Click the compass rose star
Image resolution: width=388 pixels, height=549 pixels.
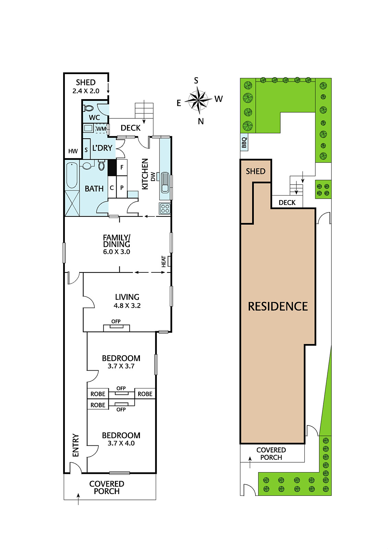point(198,100)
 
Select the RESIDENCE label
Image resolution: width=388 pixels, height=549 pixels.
point(278,307)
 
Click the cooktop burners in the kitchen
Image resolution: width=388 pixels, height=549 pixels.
point(165,209)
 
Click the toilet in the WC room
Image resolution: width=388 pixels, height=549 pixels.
point(89,108)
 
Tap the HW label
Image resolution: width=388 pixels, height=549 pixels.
point(73,151)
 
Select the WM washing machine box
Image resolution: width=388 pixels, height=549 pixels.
point(101,129)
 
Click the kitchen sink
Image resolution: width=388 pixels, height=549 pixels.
point(165,182)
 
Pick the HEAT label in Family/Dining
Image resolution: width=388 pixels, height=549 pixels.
point(164,261)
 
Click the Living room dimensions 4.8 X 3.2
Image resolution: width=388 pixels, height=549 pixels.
point(127,306)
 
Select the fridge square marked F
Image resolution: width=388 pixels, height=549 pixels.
point(122,167)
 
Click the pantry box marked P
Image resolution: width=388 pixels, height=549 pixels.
point(122,187)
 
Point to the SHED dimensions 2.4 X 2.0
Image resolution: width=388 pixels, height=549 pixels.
point(86,91)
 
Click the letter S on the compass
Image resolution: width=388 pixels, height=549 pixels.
point(196,80)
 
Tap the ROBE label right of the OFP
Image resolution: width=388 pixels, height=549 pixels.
point(145,394)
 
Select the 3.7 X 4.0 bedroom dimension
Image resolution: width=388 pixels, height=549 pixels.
point(121,443)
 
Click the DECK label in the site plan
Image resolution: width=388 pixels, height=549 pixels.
point(287,202)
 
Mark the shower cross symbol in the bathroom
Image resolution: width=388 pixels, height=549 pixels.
point(72,203)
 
